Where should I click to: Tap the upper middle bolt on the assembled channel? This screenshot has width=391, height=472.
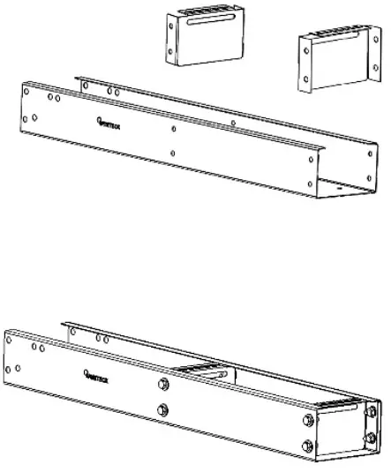pos(163,384)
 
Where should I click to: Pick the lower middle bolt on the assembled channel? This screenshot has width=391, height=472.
pos(163,409)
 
